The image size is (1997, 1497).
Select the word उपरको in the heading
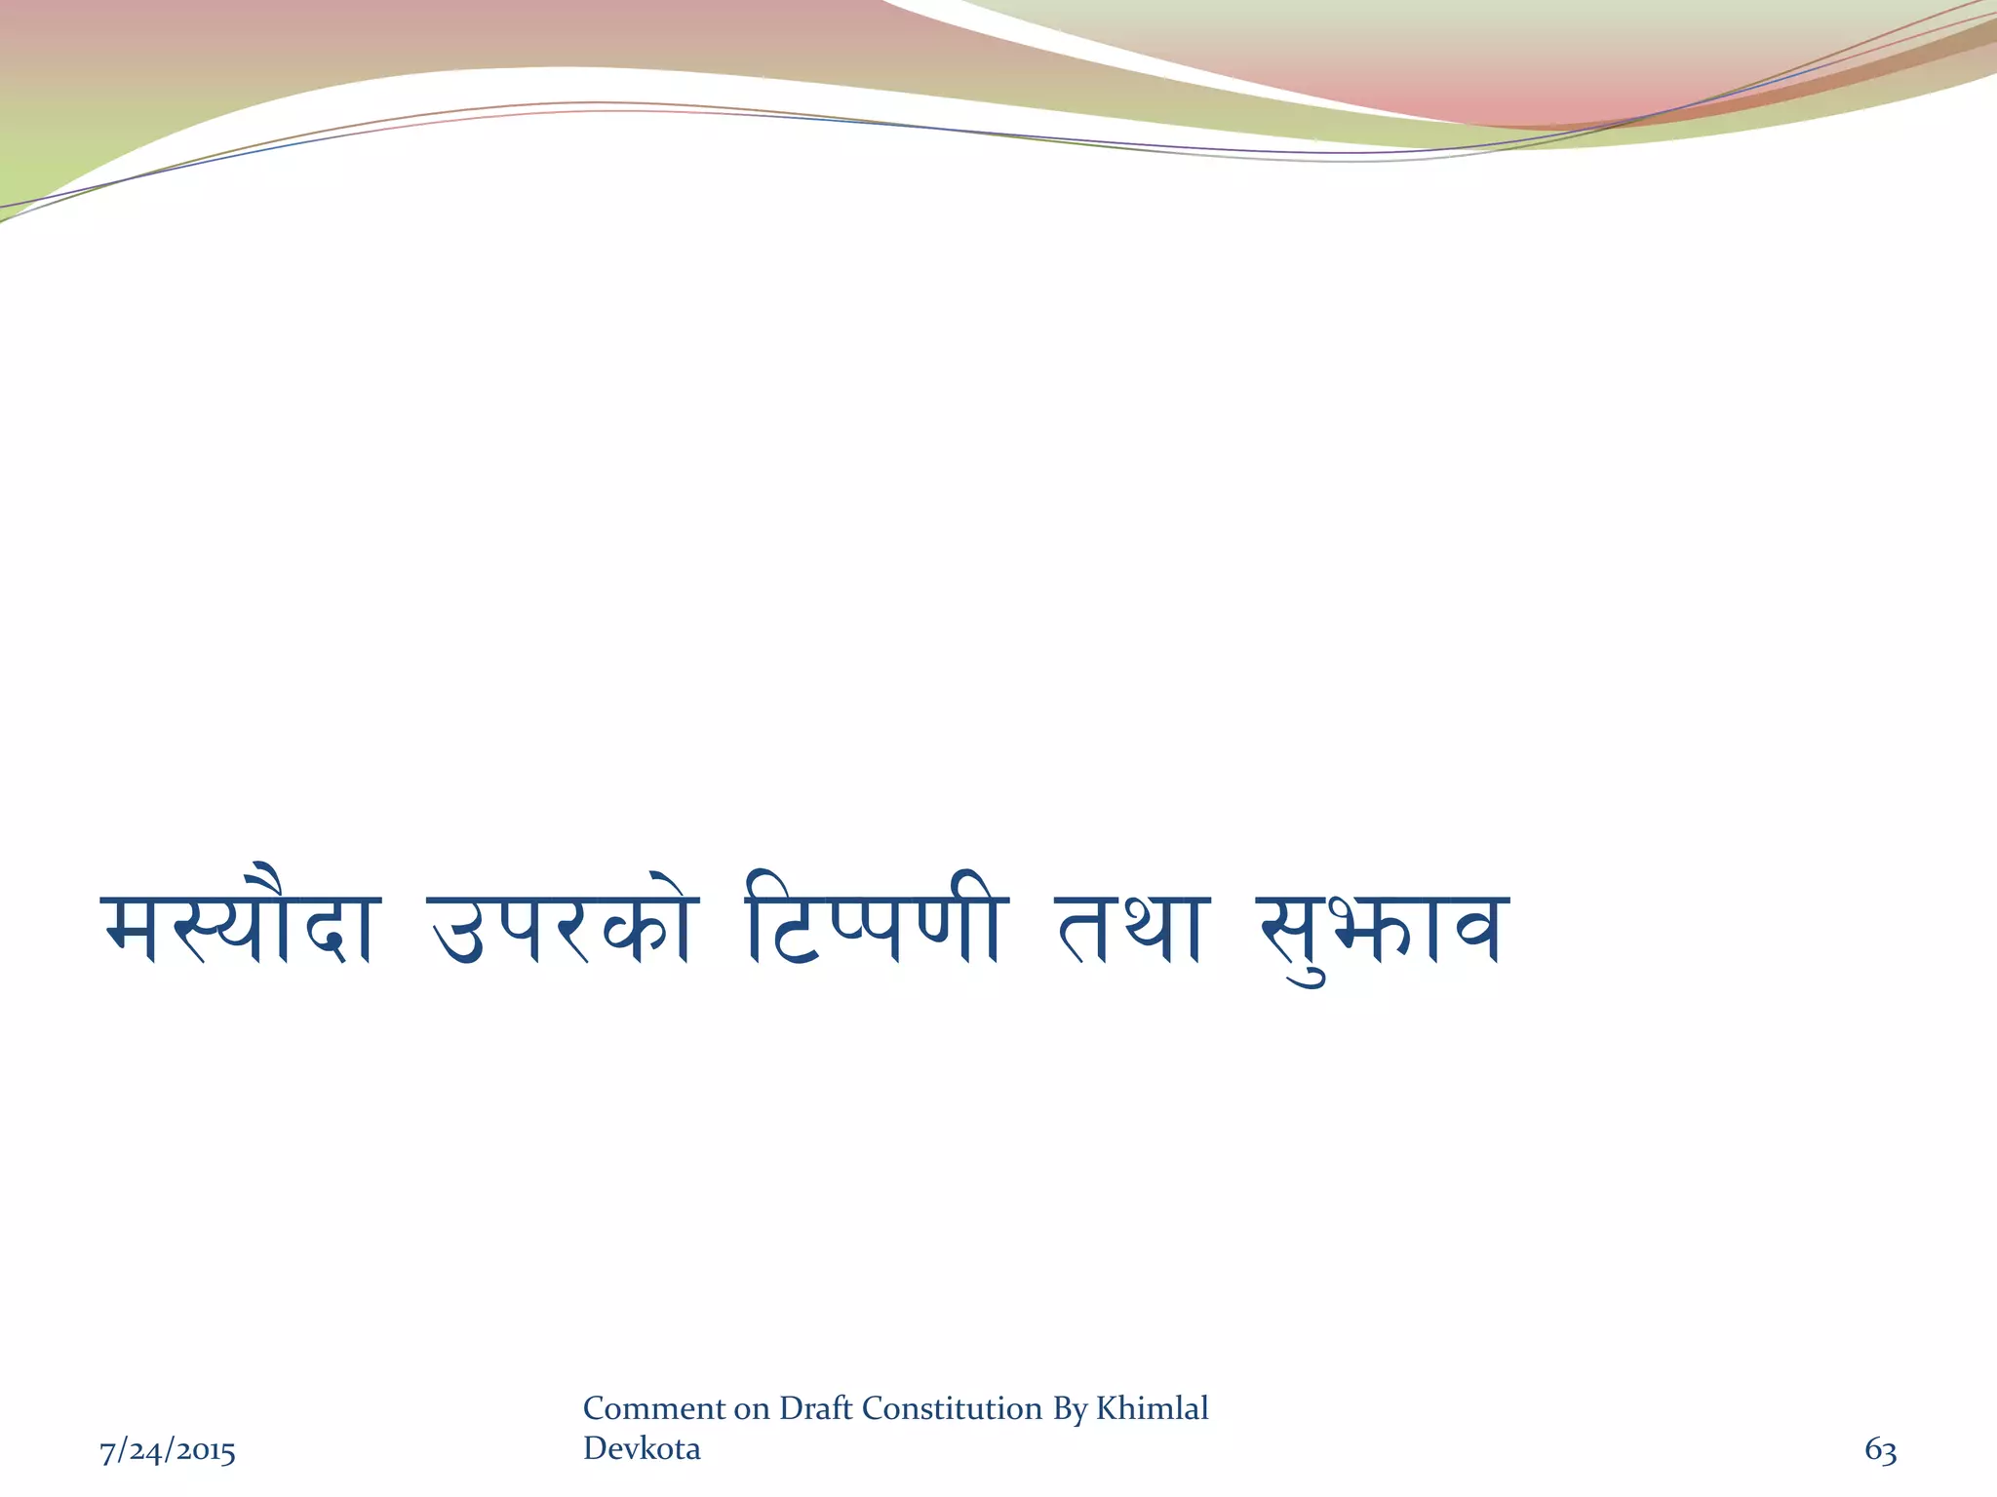pyautogui.click(x=563, y=926)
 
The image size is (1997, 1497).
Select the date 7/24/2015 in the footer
pyautogui.click(x=168, y=1451)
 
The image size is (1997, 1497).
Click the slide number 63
pyautogui.click(x=1880, y=1450)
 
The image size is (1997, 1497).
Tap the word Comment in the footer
pyautogui.click(x=654, y=1408)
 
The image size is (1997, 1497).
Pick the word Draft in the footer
pyautogui.click(x=816, y=1408)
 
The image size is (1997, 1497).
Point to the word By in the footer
pyautogui.click(x=1070, y=1409)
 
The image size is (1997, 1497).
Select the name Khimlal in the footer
pyautogui.click(x=1153, y=1408)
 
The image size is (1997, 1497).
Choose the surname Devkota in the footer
pyautogui.click(x=642, y=1449)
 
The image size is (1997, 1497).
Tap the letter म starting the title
pyautogui.click(x=130, y=931)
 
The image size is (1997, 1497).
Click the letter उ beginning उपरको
pyautogui.click(x=456, y=931)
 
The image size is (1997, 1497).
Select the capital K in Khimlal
pyautogui.click(x=1107, y=1408)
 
